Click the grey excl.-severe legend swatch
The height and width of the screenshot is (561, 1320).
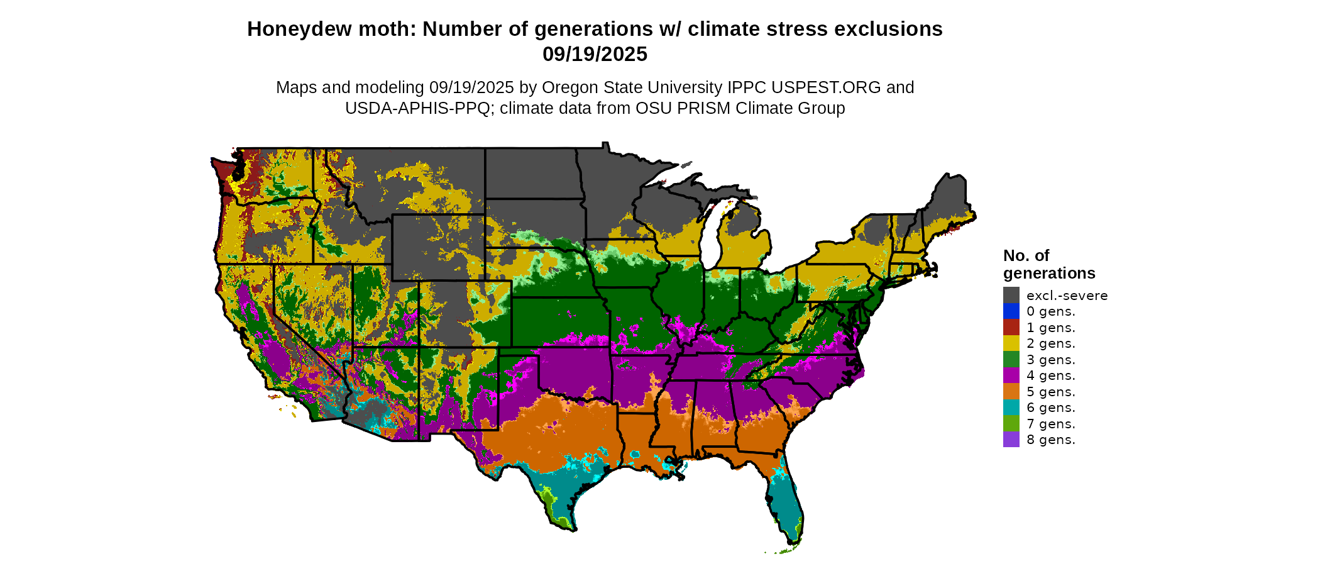(1011, 295)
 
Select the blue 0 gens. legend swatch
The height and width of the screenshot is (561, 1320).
(1011, 311)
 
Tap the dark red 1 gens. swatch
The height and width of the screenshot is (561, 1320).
(1011, 327)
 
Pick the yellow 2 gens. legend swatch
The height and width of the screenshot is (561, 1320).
(1011, 343)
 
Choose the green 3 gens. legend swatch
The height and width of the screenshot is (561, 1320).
(1011, 359)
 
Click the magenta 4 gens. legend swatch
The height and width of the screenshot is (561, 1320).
(1011, 375)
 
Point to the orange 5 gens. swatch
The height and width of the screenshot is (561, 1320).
(1011, 391)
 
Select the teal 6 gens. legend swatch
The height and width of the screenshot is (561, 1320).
(1011, 408)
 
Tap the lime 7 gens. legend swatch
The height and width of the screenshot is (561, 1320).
(1011, 423)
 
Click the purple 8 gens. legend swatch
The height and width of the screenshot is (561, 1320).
(1011, 440)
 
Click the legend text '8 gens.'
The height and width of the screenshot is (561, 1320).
(1051, 440)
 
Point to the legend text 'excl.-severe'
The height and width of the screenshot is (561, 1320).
(1067, 295)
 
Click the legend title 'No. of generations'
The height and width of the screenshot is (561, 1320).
(1048, 264)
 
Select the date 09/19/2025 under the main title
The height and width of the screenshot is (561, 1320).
(595, 54)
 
